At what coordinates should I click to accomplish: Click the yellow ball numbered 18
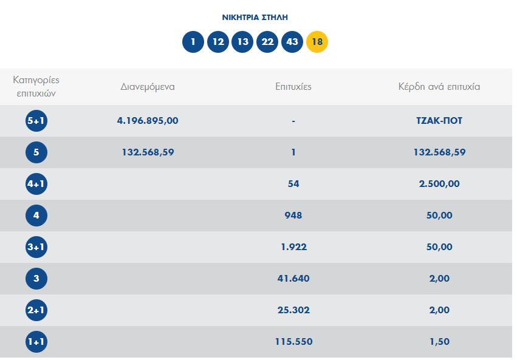point(317,42)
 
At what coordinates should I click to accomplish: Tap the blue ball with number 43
point(292,42)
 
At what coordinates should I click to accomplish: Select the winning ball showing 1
point(193,42)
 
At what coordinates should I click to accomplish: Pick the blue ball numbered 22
point(267,42)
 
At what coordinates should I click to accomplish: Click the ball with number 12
point(217,42)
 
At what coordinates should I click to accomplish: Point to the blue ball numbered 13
point(242,42)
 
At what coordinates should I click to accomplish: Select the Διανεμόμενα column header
point(148,86)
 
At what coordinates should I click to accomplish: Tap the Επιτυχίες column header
point(293,86)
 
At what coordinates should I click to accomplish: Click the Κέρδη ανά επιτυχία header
point(439,86)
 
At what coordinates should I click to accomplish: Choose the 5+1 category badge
point(36,121)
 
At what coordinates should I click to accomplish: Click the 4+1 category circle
point(36,184)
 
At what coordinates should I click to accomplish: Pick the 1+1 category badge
point(36,342)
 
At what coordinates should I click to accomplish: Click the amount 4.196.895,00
point(148,121)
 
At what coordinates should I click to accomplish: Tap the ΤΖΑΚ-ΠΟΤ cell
point(439,121)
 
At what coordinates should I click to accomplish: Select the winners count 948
point(293,216)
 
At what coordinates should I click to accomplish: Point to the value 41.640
point(293,279)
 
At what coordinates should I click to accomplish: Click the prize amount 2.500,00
point(439,184)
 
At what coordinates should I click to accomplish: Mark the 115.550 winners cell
point(293,342)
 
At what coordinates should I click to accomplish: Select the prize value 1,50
point(439,342)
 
